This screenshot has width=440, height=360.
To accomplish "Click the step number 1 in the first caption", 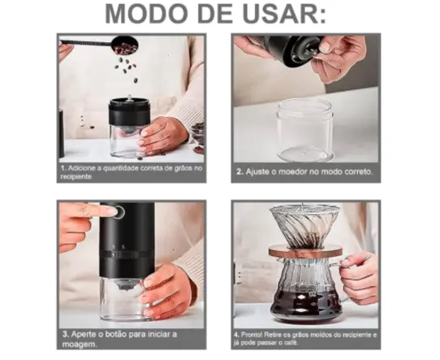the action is point(63,168).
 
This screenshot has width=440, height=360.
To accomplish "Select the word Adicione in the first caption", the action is point(81,168).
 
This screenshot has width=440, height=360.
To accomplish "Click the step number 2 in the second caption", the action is point(239,171).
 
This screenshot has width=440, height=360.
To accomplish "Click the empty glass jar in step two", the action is point(304,130).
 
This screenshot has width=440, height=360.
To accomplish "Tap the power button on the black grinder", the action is point(119,211).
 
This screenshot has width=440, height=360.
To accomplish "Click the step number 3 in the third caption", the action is point(66,334).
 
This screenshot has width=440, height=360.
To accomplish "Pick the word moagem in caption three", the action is point(80,345).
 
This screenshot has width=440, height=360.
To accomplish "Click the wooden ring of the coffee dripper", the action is point(305,250).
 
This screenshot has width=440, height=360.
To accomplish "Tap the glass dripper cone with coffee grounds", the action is point(305,225).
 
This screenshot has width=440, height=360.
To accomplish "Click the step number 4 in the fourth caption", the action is point(236,335).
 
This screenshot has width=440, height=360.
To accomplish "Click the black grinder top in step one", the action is point(129,111).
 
